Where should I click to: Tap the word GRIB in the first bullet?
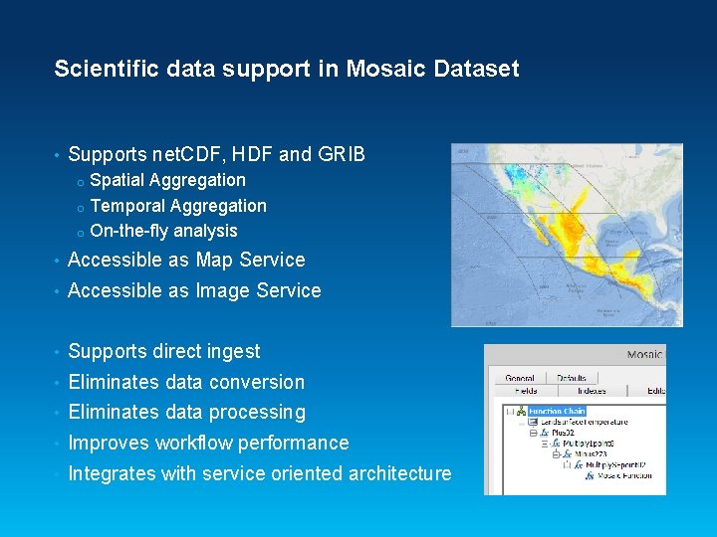[342, 154]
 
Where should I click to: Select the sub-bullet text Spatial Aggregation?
[167, 180]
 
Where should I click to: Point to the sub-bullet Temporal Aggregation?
[178, 206]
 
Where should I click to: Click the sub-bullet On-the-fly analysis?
[163, 231]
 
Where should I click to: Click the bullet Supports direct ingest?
[163, 351]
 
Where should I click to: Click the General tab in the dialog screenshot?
[520, 378]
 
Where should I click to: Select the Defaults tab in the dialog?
[572, 378]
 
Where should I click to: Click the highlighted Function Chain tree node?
[557, 411]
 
